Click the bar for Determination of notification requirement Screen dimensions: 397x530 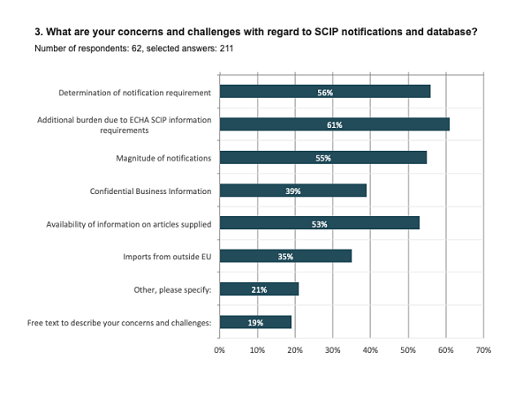coord(324,92)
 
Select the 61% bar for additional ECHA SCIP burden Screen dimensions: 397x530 coord(334,124)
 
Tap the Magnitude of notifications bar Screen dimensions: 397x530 coord(322,158)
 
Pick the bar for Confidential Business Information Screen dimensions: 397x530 coord(292,191)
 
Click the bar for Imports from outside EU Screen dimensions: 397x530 coord(284,256)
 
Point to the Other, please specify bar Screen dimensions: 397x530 coord(259,289)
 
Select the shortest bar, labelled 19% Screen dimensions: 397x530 coord(254,322)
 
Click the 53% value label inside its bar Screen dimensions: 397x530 coord(319,224)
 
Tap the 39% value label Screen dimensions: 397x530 coord(292,191)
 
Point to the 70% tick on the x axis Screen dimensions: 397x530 coord(482,351)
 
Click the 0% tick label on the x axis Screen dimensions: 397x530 coord(220,351)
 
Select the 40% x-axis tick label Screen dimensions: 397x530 coord(370,351)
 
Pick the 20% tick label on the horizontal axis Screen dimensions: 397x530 coord(295,351)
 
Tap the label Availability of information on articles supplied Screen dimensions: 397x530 coord(128,224)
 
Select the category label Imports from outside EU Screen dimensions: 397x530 coord(168,257)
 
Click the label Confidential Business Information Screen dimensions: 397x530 coord(150,191)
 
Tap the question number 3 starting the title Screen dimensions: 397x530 coord(37,33)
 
